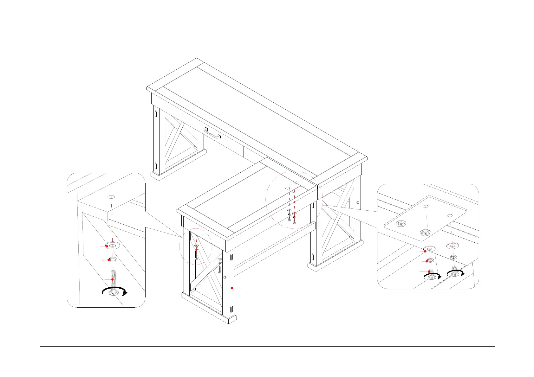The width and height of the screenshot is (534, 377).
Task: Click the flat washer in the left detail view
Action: point(113,246)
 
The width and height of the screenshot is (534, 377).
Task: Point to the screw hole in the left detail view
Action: point(111,197)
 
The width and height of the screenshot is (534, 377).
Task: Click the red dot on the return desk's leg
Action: point(232,288)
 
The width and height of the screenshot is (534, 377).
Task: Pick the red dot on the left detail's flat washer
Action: point(107,246)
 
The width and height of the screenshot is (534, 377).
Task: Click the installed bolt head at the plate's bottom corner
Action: point(425,233)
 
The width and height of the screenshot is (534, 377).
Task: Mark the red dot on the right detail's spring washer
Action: point(427,261)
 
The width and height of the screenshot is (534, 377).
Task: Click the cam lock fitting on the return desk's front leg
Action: point(225,277)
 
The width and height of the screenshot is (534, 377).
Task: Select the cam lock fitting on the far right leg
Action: point(358,202)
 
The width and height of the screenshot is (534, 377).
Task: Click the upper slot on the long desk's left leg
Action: point(156,113)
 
